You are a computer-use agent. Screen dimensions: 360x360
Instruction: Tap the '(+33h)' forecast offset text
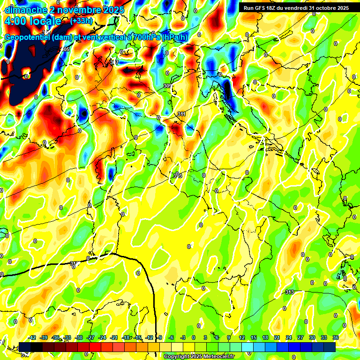point(81,21)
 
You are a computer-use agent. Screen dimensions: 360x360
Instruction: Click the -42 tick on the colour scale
point(32,337)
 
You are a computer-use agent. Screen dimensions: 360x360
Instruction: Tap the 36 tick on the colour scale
point(335,337)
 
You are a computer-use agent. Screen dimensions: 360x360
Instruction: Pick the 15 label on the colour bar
point(253,337)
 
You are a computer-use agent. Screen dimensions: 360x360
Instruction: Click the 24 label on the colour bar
point(288,337)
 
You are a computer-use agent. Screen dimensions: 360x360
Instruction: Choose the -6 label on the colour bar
point(171,337)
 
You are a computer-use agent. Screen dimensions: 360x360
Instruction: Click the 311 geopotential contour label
point(182,114)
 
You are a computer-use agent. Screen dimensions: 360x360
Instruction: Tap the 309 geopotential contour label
point(167,86)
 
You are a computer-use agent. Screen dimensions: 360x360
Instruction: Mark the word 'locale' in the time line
point(45,21)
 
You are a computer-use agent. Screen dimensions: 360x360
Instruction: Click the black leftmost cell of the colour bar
point(25,347)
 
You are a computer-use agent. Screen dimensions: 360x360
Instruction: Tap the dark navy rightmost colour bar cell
point(330,347)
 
